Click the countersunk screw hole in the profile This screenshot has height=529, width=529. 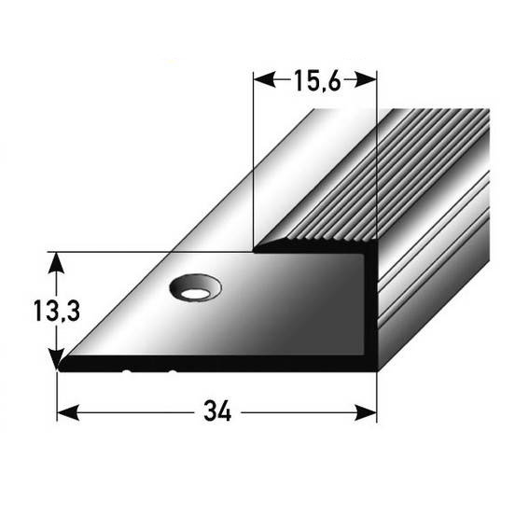194,289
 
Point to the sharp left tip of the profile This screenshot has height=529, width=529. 61,369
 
